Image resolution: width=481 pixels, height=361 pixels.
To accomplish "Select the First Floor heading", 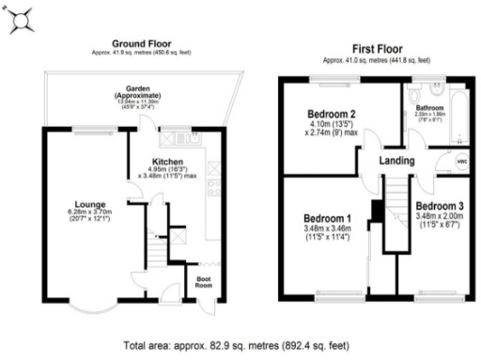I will tap(378, 46).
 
